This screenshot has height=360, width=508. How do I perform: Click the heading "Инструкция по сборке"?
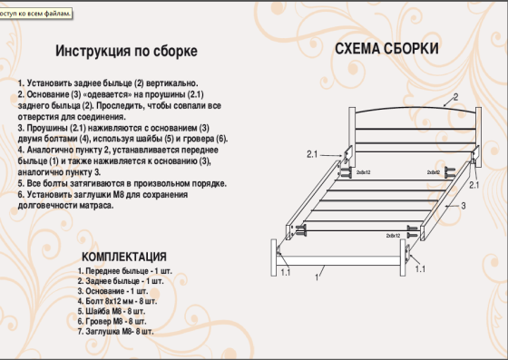pyautogui.click(x=126, y=51)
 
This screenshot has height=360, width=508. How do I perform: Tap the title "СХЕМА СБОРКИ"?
pyautogui.click(x=387, y=48)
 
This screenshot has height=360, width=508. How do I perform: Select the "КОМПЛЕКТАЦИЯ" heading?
pyautogui.click(x=123, y=257)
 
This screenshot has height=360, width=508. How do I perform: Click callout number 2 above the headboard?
pyautogui.click(x=454, y=97)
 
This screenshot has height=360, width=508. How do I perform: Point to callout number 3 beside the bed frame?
pyautogui.click(x=463, y=207)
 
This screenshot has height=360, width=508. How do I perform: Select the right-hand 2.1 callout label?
pyautogui.click(x=474, y=185)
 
